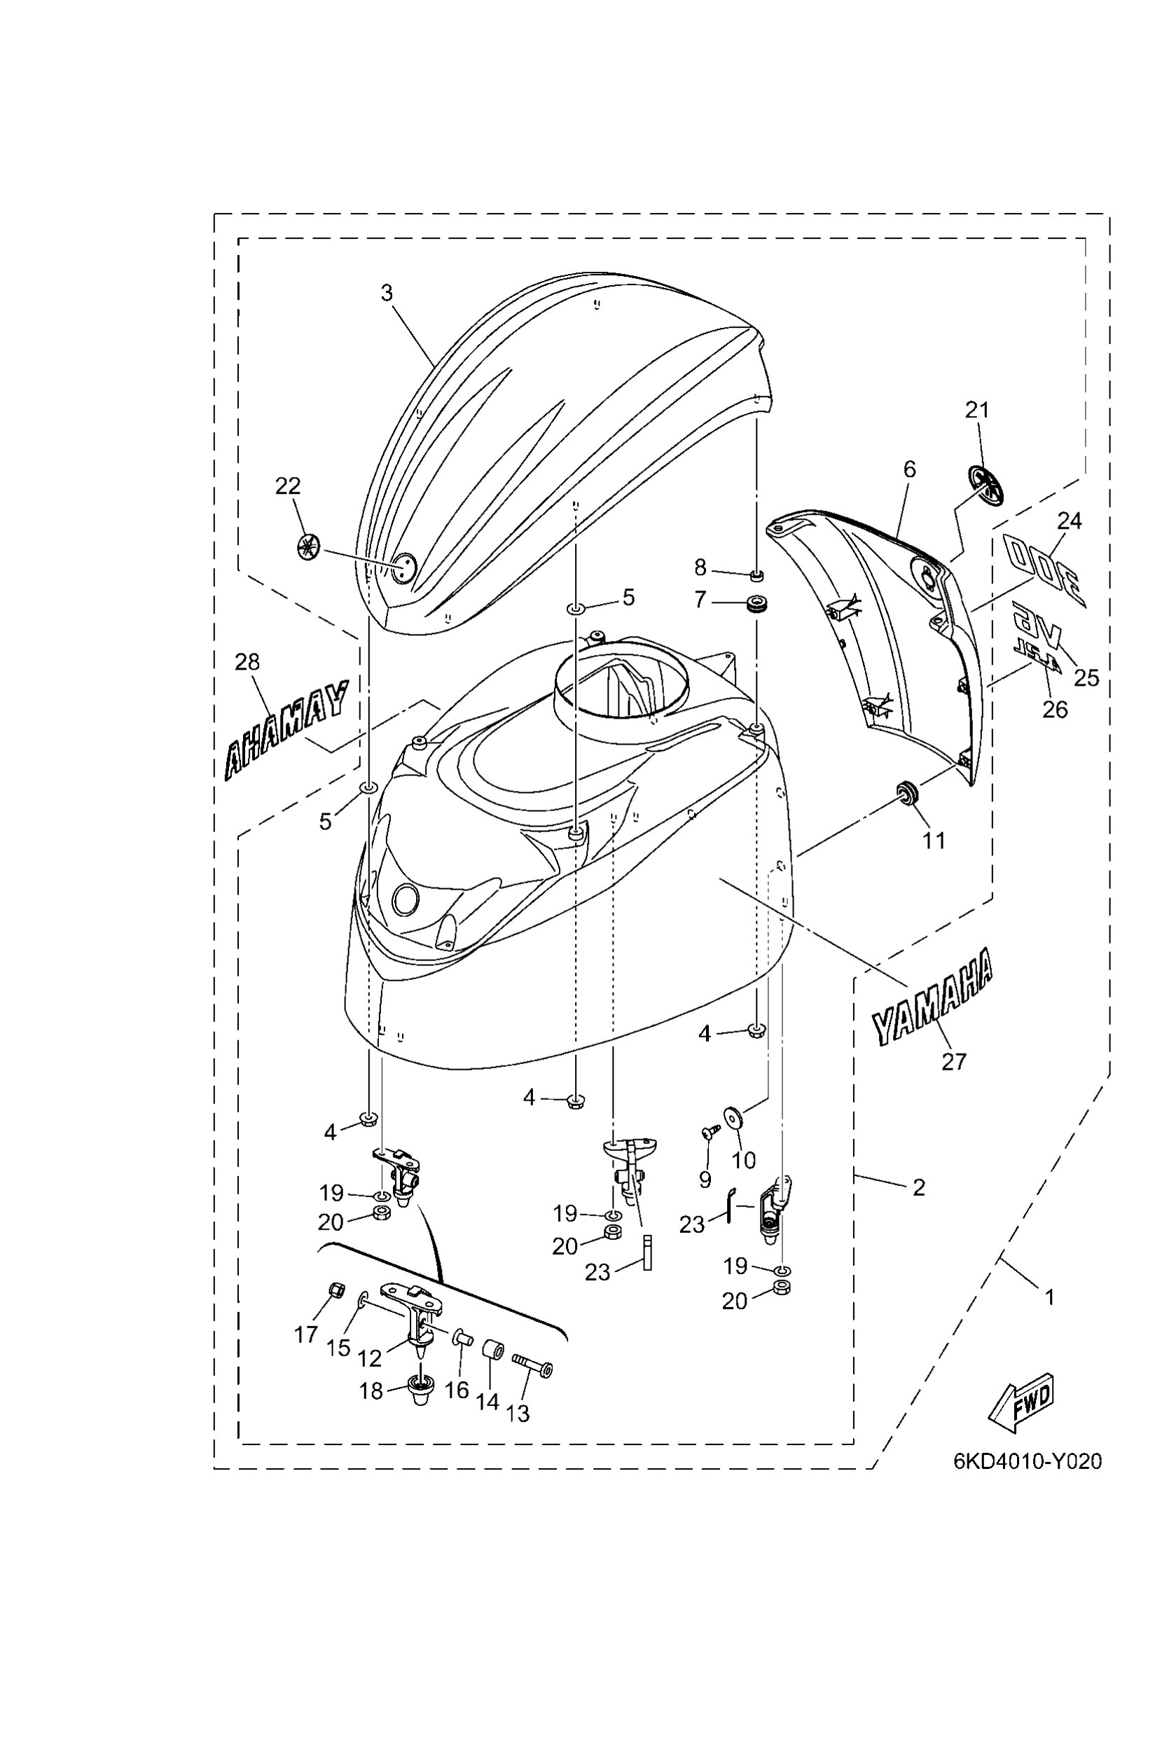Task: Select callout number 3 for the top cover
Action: [387, 294]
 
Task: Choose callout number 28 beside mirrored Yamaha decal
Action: [247, 661]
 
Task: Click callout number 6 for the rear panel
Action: [910, 469]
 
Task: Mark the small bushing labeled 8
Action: [755, 574]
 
